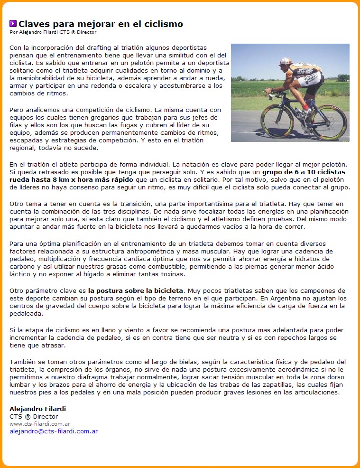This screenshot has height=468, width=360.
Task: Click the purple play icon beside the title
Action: pyautogui.click(x=13, y=23)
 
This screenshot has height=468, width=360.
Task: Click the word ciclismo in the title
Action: pyautogui.click(x=164, y=24)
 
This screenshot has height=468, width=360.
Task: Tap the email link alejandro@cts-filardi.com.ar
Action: pyautogui.click(x=54, y=431)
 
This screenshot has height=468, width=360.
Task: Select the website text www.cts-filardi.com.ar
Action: pyautogui.click(x=40, y=423)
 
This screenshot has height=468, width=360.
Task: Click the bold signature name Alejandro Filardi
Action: pyautogui.click(x=37, y=409)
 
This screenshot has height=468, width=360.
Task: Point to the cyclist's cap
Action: pyautogui.click(x=285, y=61)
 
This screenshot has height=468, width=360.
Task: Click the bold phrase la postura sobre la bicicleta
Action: pyautogui.click(x=135, y=290)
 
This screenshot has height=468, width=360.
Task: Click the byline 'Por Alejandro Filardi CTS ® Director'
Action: pyautogui.click(x=53, y=32)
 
